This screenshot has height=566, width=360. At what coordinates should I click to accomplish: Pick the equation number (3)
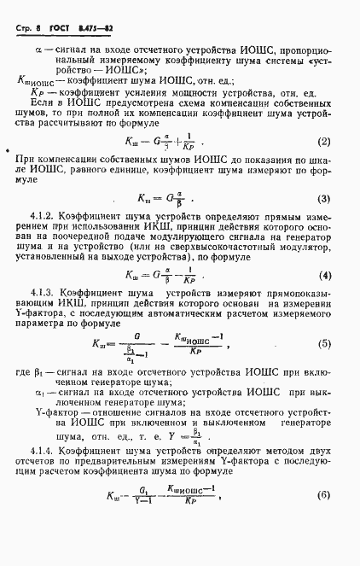click(x=323, y=200)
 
